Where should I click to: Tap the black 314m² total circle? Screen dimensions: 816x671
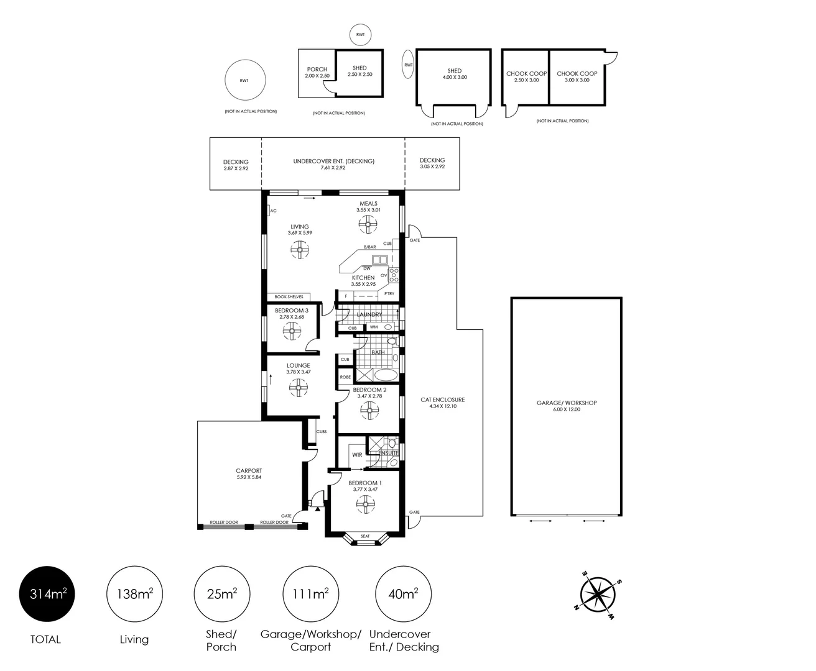point(47,594)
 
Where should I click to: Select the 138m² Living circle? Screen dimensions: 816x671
point(134,594)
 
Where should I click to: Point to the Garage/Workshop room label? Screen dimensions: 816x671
point(567,403)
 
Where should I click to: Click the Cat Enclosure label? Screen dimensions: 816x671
point(443,399)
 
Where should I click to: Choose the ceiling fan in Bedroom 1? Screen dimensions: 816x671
point(365,504)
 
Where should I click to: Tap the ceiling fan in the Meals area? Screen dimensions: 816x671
point(368,224)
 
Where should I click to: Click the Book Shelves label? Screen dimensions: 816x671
point(289,297)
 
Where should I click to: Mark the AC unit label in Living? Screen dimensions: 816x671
point(274,211)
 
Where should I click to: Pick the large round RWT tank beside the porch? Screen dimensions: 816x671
point(245,80)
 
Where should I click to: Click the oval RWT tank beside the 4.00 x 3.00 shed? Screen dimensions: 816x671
point(408,65)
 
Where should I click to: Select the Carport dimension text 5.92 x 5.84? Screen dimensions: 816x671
point(249,477)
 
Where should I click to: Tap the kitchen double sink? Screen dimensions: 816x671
point(379,260)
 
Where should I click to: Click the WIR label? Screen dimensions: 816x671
point(357,455)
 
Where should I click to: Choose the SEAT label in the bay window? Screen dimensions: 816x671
point(365,536)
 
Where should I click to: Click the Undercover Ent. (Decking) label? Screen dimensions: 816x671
point(333,161)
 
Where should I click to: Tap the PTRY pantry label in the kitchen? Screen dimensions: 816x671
point(389,294)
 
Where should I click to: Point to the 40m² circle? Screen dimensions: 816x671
point(403,594)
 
